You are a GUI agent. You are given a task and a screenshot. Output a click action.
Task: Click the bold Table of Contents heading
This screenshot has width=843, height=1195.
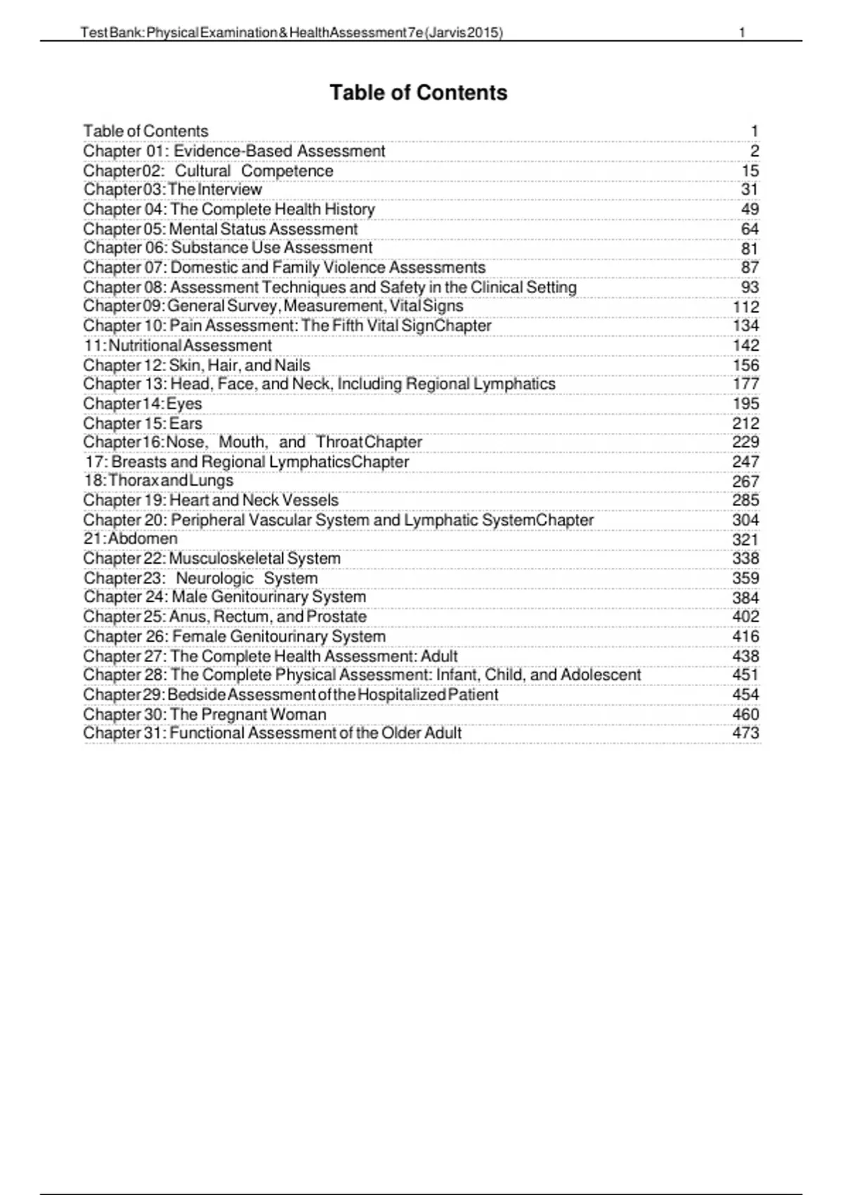pos(419,93)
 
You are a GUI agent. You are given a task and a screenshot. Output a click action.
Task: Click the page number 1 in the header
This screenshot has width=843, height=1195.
pos(743,32)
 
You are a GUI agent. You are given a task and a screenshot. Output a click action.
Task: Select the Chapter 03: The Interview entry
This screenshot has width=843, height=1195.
pos(173,190)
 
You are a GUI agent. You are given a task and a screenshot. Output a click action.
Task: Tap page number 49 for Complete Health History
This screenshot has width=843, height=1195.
pos(750,209)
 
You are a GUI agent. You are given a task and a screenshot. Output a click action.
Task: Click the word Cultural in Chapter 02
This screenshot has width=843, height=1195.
pos(202,171)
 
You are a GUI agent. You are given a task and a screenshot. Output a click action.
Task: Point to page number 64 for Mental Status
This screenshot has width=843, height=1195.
pos(750,229)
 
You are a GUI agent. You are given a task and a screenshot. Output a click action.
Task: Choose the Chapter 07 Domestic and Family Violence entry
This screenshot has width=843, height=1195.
pos(285,268)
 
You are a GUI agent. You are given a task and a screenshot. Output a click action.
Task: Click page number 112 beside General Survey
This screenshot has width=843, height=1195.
pos(745,307)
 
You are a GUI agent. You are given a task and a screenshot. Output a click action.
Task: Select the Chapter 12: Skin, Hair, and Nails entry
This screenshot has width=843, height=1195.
pos(197,366)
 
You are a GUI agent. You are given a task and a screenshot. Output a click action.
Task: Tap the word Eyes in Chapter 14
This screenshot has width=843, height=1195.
pos(184,404)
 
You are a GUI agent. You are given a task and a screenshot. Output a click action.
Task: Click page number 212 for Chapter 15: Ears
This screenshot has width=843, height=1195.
pos(745,424)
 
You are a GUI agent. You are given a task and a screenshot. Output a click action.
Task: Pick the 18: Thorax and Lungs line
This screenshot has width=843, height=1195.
pos(159,481)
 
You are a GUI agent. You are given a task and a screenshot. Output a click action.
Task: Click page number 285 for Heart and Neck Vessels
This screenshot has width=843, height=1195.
pos(745,500)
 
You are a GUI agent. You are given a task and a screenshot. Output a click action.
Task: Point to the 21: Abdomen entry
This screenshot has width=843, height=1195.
pos(131,539)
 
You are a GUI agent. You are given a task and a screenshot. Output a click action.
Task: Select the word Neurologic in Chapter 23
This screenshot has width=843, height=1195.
pos(214,579)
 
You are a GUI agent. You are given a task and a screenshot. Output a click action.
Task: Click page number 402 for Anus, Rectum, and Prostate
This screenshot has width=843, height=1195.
pos(745,617)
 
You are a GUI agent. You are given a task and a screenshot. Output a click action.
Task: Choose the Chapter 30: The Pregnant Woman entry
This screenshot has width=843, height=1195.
pos(205,715)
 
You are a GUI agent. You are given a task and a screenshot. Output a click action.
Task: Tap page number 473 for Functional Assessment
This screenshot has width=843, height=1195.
pos(745,733)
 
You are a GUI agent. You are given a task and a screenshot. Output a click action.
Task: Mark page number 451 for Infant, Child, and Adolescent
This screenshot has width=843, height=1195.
pos(745,675)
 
